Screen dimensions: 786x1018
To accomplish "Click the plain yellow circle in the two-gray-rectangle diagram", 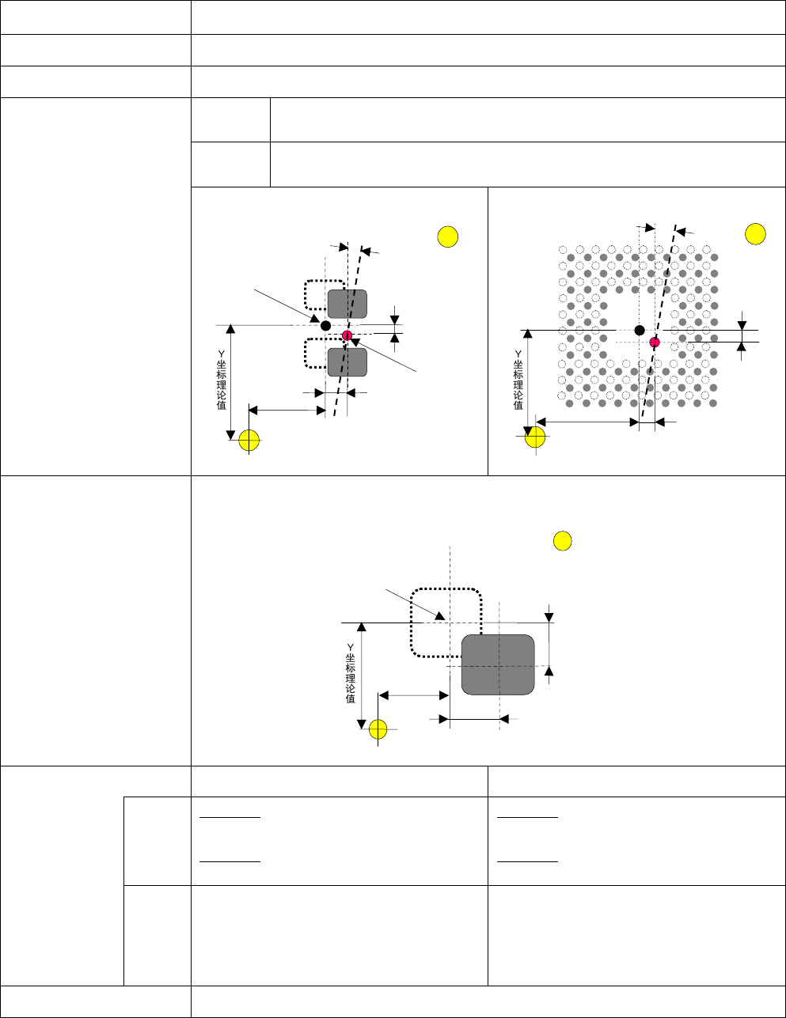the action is pos(447,237).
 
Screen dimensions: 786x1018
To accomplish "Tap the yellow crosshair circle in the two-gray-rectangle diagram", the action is pos(249,440).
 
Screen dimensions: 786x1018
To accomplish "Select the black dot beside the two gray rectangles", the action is pos(325,325).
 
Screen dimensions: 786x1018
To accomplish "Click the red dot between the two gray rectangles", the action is pos(347,336).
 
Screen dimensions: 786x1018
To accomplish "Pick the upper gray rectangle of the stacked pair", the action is pos(347,305).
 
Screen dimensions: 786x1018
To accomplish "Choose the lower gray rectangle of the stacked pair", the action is pos(347,362).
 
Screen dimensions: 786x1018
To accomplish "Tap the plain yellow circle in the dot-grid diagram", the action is pos(756,233).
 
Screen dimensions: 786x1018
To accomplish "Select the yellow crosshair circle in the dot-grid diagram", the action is pos(535,437).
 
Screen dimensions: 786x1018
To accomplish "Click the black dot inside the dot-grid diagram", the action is pos(640,330).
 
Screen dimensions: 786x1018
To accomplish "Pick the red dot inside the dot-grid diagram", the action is pos(655,342).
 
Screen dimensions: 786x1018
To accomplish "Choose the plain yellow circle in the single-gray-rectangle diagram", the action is pos(561,541).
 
